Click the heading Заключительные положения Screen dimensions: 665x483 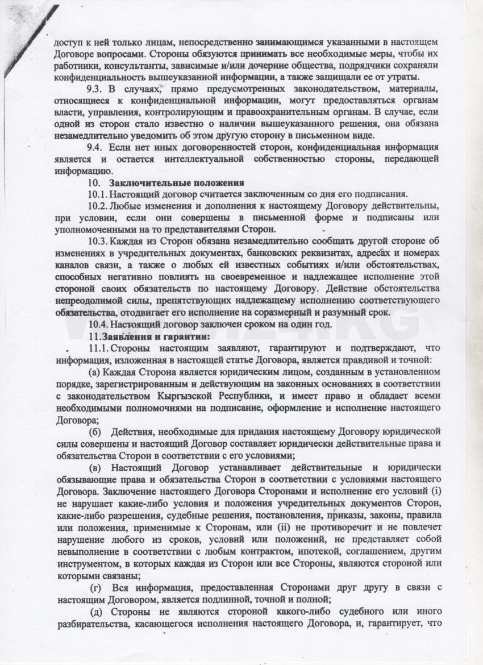click(x=176, y=182)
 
